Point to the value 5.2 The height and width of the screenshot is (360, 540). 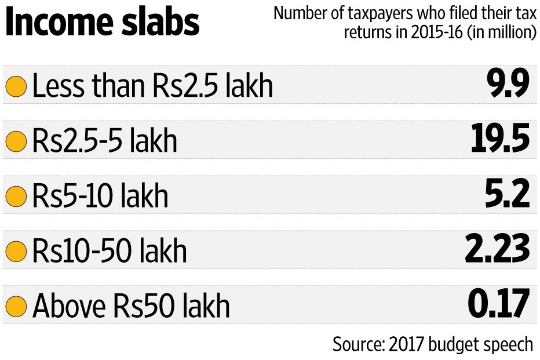[x=508, y=194]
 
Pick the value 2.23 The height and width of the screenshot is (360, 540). [x=498, y=249]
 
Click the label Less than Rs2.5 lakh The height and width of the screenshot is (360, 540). [x=152, y=87]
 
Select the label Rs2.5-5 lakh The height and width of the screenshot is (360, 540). [x=105, y=141]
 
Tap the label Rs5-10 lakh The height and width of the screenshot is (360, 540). [x=100, y=197]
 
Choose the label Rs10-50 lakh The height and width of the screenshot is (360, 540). [x=110, y=251]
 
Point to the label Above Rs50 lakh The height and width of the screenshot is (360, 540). [x=131, y=306]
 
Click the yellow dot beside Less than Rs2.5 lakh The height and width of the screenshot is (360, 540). [x=16, y=88]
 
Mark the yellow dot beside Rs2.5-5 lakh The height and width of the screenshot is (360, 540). [x=16, y=142]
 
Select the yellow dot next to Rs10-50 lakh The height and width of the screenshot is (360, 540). [x=16, y=252]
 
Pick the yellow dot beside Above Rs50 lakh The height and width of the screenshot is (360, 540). [x=16, y=306]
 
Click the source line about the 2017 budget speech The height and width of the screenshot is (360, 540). [x=432, y=344]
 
